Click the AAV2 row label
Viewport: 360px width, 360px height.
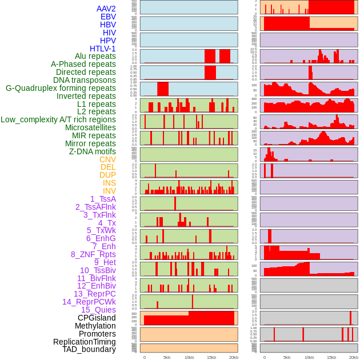[106, 9]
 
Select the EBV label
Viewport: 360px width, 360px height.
[108, 17]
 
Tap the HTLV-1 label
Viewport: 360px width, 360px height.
[103, 49]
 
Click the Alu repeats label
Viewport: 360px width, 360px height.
[95, 56]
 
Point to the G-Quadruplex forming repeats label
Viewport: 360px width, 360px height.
[61, 88]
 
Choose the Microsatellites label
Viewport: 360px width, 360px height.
[90, 127]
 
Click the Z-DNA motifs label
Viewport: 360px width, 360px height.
[93, 151]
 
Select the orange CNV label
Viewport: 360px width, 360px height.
[107, 159]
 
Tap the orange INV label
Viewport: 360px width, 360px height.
[109, 191]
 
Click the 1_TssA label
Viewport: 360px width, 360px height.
[103, 199]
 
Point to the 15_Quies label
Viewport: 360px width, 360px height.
[98, 310]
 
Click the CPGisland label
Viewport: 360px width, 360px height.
[97, 318]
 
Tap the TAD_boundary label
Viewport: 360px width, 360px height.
[89, 349]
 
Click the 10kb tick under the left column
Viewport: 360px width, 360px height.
[189, 357]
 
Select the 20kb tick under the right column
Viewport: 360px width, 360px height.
[354, 357]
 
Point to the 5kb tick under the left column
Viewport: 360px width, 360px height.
[167, 357]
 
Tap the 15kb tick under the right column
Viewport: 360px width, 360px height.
[331, 357]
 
